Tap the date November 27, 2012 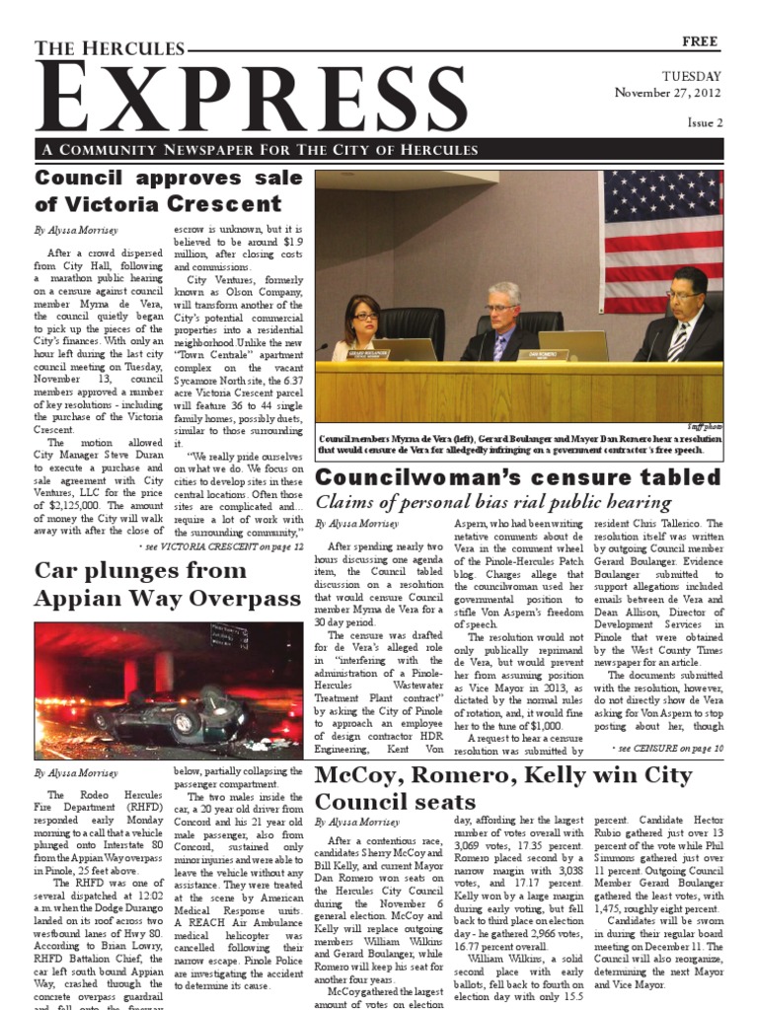coord(668,93)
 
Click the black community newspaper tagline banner coord(379,149)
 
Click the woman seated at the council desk coord(362,326)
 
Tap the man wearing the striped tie coord(681,316)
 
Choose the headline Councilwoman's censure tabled coord(518,477)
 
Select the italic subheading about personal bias coord(493,502)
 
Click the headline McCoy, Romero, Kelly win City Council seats coord(503,787)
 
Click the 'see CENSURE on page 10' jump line coord(667,749)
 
